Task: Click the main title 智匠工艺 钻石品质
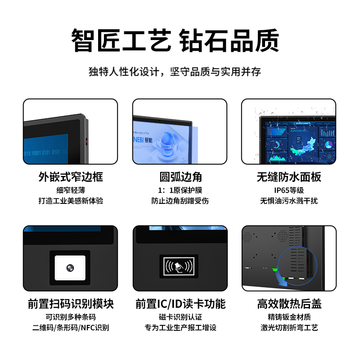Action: [175, 40]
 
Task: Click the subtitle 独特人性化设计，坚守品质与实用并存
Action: [175, 72]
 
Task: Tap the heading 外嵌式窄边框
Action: [71, 177]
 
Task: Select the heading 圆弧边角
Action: [180, 177]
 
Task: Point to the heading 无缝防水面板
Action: [289, 177]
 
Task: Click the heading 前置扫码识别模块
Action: [71, 304]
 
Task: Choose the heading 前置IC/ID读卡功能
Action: [180, 304]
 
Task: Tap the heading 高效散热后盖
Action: [289, 304]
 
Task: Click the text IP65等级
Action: [289, 190]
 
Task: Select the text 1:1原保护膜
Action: [180, 190]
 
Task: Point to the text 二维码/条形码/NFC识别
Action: [71, 328]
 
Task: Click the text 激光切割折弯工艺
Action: [289, 328]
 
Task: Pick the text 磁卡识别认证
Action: [180, 317]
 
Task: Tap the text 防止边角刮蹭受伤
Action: [180, 201]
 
